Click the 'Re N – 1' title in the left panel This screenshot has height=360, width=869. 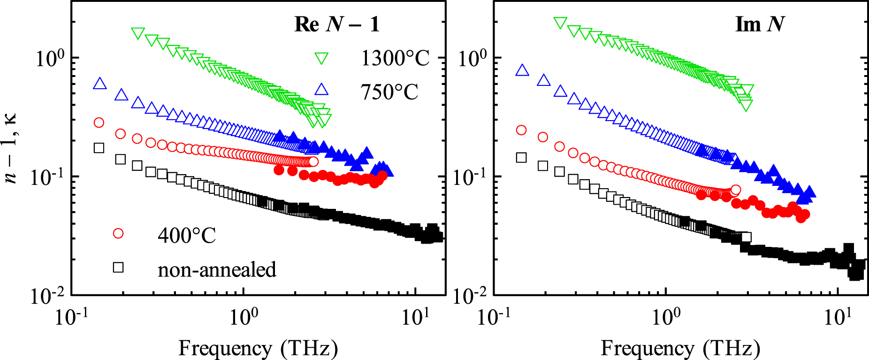pyautogui.click(x=336, y=24)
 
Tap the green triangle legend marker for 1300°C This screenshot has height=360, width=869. pyautogui.click(x=321, y=59)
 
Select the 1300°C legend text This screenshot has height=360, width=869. pyautogui.click(x=395, y=59)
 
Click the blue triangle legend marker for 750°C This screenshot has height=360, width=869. pyautogui.click(x=321, y=90)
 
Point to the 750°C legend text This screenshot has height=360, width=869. pyautogui.click(x=389, y=92)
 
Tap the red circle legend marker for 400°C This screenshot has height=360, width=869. pyautogui.click(x=118, y=233)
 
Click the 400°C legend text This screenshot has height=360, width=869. pyautogui.click(x=187, y=235)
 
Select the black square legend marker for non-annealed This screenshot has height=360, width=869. pyautogui.click(x=118, y=267)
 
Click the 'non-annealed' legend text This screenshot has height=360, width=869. pyautogui.click(x=217, y=270)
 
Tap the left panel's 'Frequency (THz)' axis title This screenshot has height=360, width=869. pyautogui.click(x=258, y=349)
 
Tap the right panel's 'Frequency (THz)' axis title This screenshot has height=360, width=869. pyautogui.click(x=680, y=349)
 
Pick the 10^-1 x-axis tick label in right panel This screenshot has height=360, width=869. pyautogui.click(x=494, y=317)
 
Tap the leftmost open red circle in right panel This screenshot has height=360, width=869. pyautogui.click(x=521, y=130)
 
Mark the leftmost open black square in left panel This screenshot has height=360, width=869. pyautogui.click(x=99, y=148)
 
